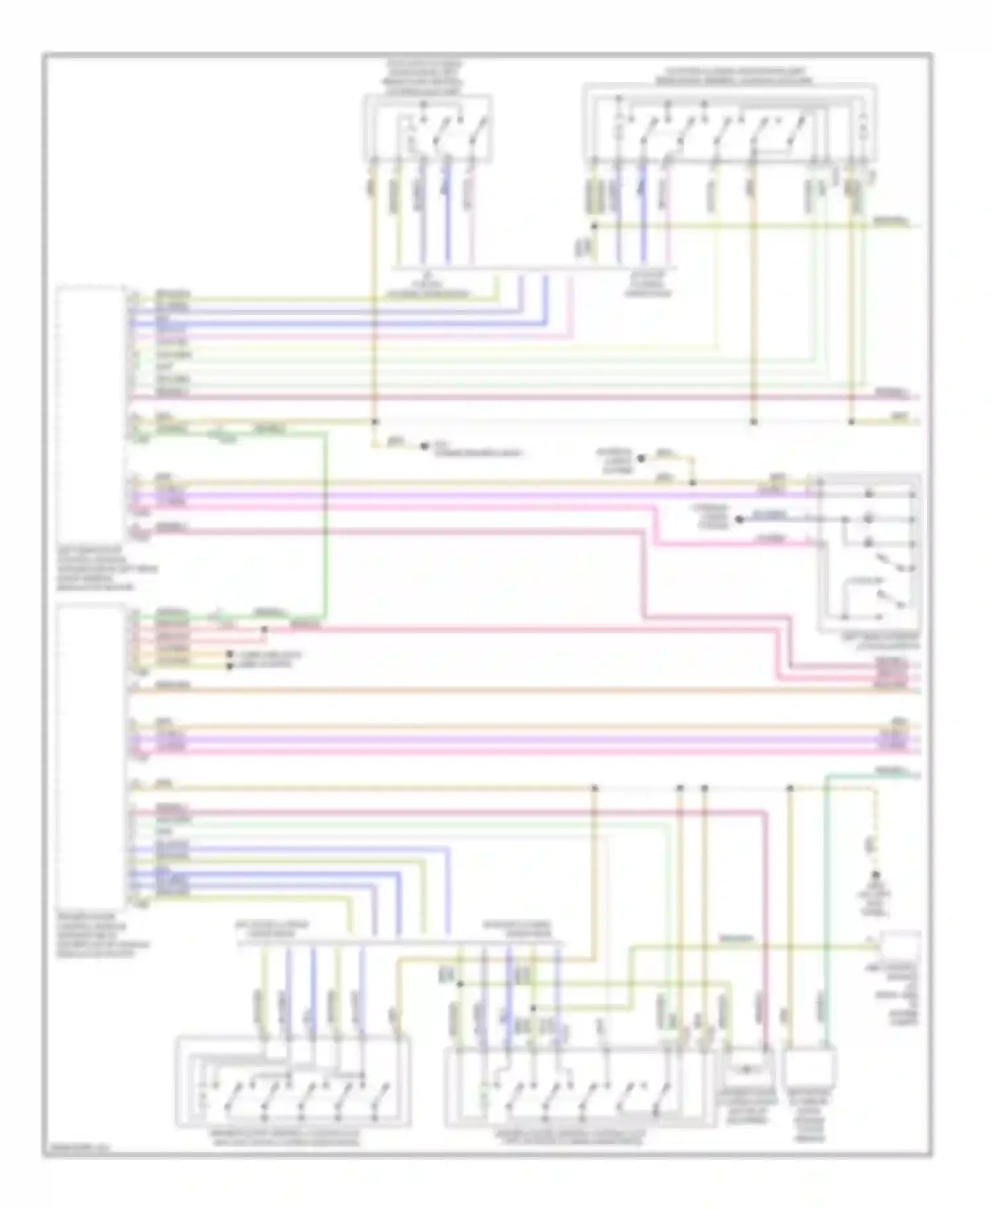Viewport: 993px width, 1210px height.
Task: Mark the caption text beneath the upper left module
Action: point(106,568)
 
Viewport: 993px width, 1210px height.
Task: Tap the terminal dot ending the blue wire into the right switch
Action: point(739,519)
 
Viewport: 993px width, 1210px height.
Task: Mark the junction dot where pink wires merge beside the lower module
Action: point(263,629)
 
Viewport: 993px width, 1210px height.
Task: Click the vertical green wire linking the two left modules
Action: point(325,523)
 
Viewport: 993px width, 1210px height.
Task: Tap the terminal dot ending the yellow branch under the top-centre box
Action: point(424,447)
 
